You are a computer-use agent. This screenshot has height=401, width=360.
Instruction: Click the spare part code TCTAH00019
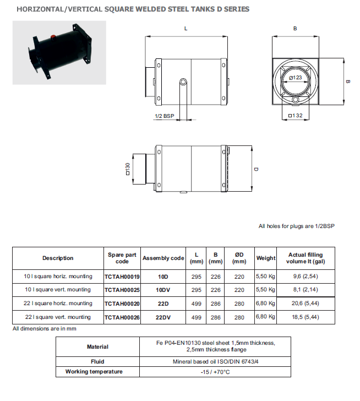click(122, 276)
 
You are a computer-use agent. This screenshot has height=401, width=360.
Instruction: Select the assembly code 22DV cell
click(163, 317)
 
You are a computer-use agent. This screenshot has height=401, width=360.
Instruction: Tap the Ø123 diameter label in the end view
click(296, 78)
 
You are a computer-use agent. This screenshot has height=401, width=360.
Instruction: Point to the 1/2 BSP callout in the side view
click(164, 116)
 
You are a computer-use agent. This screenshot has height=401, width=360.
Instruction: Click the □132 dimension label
click(296, 116)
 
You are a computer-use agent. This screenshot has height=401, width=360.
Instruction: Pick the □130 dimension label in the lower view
click(128, 169)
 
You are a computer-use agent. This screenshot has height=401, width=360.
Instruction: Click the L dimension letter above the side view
click(186, 28)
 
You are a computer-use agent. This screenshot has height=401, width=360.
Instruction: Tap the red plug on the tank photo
click(53, 37)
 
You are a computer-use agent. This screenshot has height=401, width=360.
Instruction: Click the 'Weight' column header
click(266, 258)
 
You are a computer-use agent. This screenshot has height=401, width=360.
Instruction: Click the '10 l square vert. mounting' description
click(58, 290)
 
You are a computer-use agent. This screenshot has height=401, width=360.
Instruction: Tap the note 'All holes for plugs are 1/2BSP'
click(295, 226)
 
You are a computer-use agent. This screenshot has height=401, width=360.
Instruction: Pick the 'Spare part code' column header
click(122, 258)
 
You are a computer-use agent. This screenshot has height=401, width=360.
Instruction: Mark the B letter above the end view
click(296, 28)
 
